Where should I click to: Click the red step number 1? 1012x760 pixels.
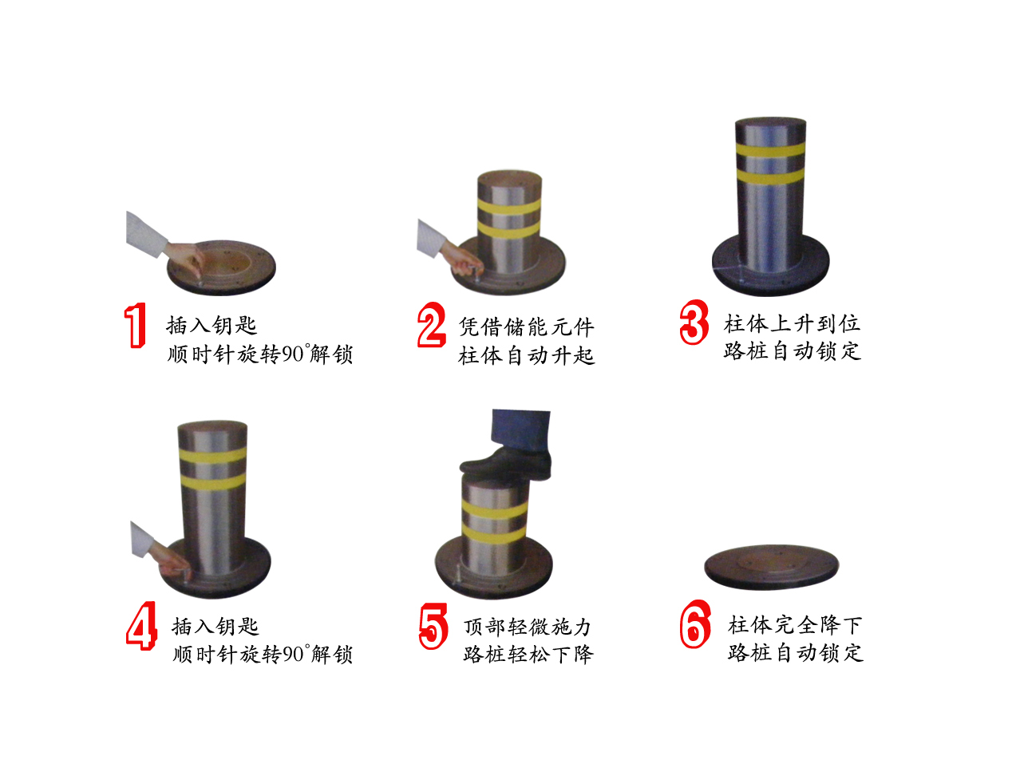click(x=135, y=325)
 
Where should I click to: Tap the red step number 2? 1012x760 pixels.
click(x=432, y=325)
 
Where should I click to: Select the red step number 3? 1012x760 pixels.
click(x=694, y=322)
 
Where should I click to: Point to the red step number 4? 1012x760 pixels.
click(x=141, y=626)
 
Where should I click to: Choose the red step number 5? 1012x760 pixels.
click(x=433, y=626)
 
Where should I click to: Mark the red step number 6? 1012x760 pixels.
click(x=695, y=624)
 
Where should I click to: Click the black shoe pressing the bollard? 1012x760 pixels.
click(x=505, y=465)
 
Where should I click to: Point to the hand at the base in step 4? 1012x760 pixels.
click(x=172, y=562)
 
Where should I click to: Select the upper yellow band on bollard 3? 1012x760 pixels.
click(x=770, y=150)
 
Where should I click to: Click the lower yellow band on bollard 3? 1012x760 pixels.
click(x=770, y=176)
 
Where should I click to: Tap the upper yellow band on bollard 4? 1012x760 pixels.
click(x=212, y=456)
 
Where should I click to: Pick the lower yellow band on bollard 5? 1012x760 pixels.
click(x=493, y=535)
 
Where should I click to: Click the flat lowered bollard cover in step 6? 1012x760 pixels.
click(x=771, y=567)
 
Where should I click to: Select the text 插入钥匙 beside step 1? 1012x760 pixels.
click(x=211, y=326)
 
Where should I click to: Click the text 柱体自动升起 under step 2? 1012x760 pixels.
click(x=526, y=356)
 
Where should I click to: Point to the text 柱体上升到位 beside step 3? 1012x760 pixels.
click(x=792, y=324)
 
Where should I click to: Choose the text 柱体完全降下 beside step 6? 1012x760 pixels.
click(x=795, y=625)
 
